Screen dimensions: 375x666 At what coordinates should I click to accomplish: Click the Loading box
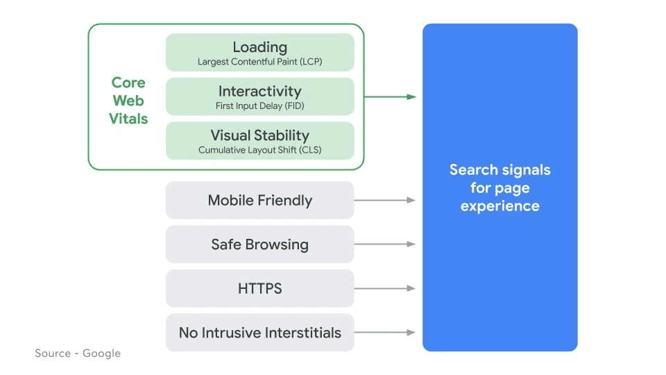(259, 52)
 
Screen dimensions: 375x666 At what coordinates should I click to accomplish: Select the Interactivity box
(259, 97)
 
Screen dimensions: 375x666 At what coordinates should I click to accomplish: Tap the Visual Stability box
(259, 141)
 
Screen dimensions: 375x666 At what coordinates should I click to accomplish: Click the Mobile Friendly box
(259, 201)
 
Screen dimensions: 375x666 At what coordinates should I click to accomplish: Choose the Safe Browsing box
(259, 244)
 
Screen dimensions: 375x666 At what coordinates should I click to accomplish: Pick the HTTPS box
(259, 288)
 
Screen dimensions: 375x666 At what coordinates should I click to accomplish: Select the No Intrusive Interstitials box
(259, 333)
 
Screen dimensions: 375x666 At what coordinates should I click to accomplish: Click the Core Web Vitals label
(128, 101)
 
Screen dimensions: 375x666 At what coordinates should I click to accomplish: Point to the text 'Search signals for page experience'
(499, 187)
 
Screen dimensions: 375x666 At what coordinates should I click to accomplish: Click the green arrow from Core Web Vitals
(390, 97)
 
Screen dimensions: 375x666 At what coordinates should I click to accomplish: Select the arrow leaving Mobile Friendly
(385, 200)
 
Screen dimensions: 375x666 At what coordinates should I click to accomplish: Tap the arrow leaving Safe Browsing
(385, 244)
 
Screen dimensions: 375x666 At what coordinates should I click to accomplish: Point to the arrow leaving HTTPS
(385, 288)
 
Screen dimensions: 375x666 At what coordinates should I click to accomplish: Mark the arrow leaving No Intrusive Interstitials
(385, 333)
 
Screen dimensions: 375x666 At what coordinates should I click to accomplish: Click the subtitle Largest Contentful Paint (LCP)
(259, 62)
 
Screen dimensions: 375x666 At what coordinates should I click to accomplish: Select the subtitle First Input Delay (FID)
(259, 106)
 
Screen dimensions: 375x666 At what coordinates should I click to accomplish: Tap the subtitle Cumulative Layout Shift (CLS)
(259, 150)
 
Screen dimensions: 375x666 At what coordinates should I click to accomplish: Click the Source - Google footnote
(78, 353)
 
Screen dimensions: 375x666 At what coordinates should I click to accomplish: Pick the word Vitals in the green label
(128, 119)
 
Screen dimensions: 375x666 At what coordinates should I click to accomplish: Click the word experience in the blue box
(499, 206)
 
